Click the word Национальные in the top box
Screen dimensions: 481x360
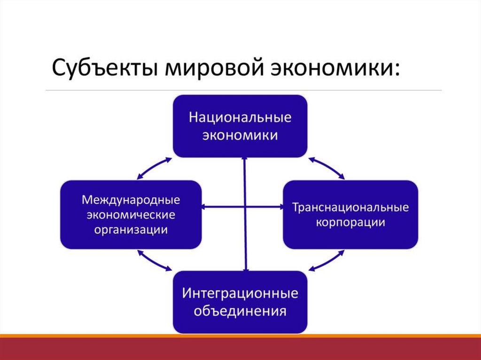pos(240,117)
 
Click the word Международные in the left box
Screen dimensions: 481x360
pos(131,199)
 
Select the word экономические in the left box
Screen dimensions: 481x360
pos(131,214)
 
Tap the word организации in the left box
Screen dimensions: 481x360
pos(131,230)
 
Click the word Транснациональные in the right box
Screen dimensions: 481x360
pos(350,207)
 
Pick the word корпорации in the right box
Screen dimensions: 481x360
pos(350,222)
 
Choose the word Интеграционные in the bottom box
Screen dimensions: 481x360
pos(240,294)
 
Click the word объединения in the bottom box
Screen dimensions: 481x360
pos(240,311)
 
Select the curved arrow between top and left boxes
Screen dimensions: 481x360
pos(154,167)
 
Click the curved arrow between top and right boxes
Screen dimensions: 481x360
pos(327,167)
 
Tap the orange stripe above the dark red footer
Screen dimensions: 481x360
pos(240,336)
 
